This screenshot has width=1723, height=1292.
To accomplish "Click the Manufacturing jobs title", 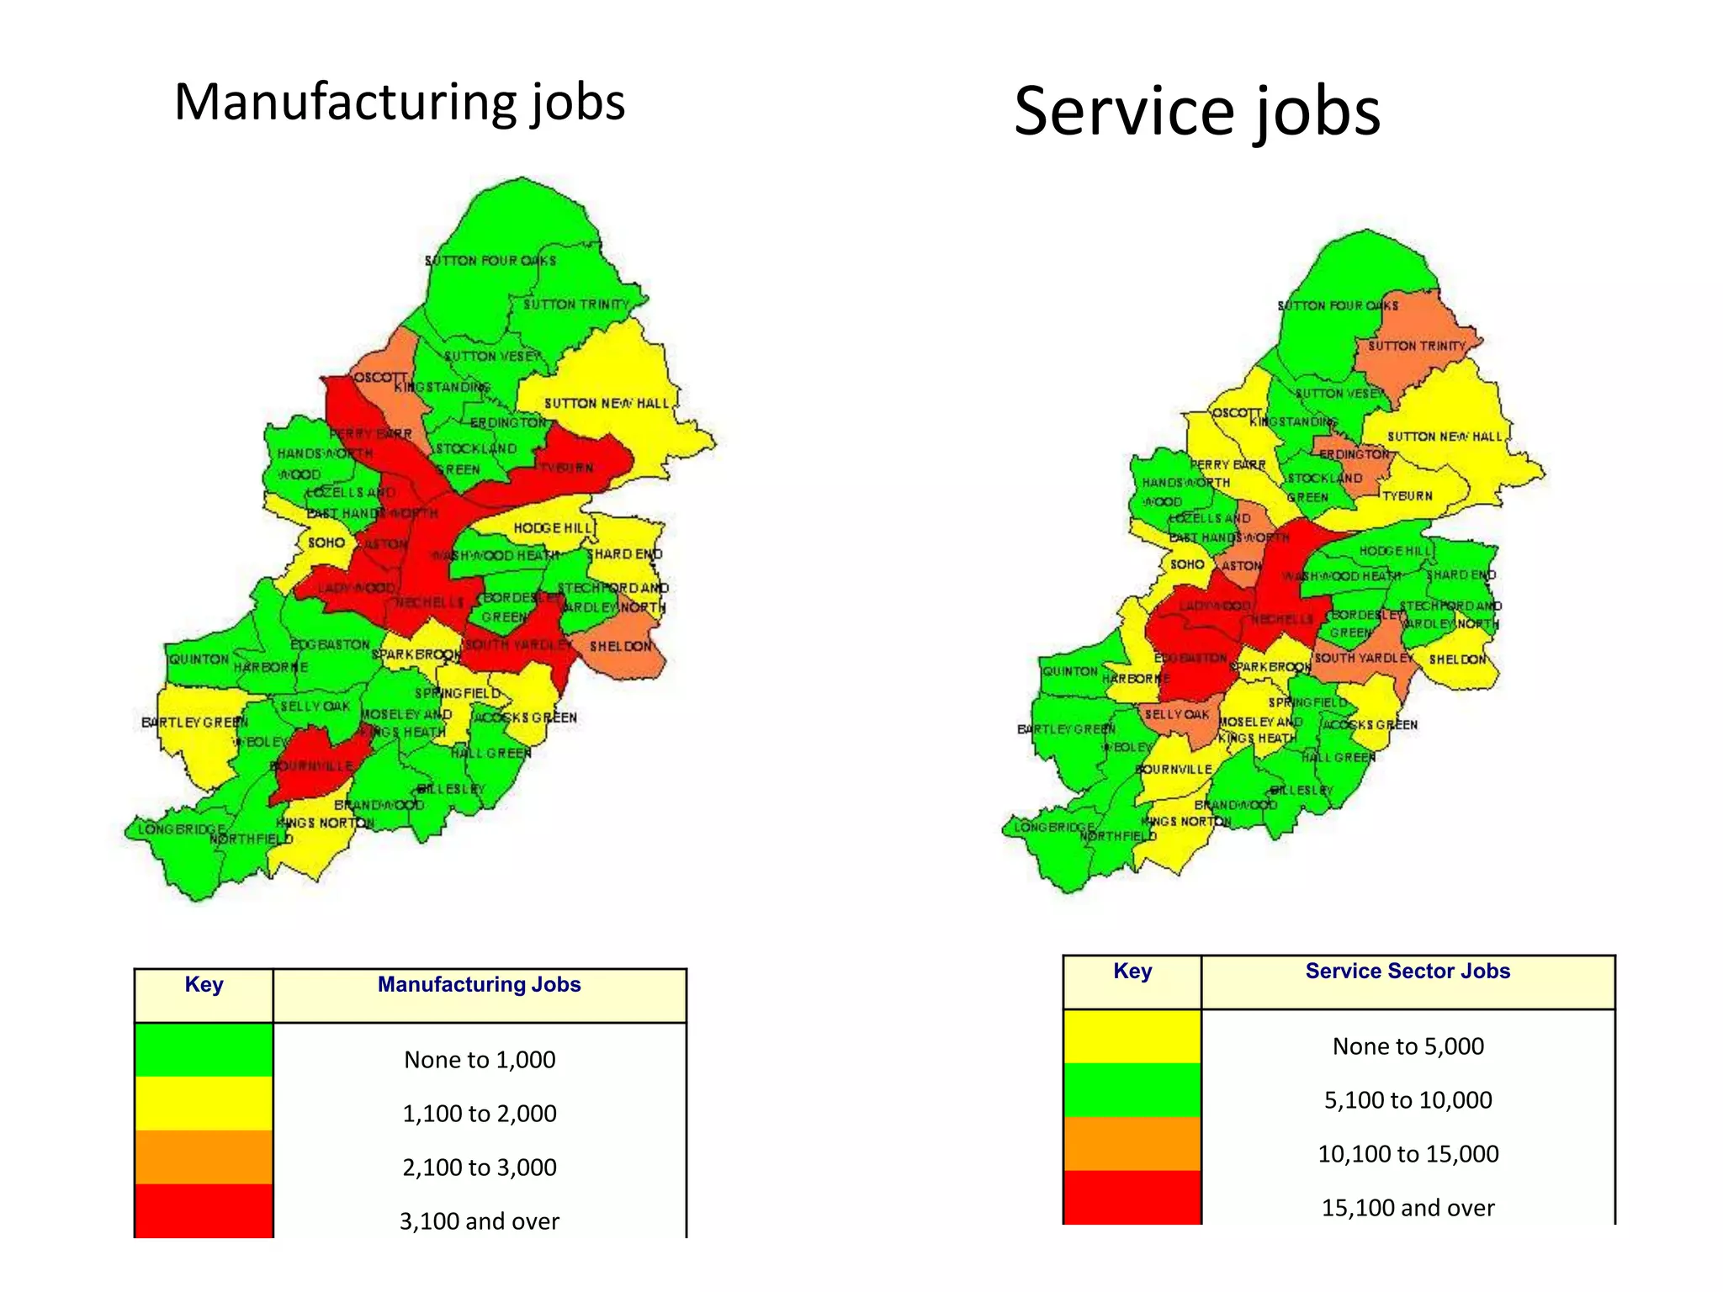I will [x=400, y=103].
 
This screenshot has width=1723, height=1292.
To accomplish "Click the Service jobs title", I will [x=1196, y=111].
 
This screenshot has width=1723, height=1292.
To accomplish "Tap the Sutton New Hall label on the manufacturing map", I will [x=607, y=404].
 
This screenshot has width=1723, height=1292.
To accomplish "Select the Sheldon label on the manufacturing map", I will [x=621, y=646].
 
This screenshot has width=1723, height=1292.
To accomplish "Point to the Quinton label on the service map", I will [x=1069, y=671].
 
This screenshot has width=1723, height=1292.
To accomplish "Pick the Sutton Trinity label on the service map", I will [x=1416, y=346].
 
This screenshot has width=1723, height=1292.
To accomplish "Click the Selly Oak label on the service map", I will [x=1176, y=714].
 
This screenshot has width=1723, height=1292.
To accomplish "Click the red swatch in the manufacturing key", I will [x=204, y=1210].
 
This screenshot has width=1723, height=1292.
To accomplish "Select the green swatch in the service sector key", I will [x=1132, y=1090].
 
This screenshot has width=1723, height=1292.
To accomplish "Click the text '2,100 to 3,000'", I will [x=480, y=1168].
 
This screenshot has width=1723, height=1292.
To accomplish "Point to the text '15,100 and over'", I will [x=1408, y=1208].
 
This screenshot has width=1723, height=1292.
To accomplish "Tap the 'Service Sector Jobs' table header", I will [x=1408, y=971].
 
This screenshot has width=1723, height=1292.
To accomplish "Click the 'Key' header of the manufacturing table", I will [x=204, y=984].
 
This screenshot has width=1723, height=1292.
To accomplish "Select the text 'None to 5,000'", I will [x=1408, y=1046].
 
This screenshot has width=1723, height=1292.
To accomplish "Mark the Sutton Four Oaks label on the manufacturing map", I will [x=490, y=261].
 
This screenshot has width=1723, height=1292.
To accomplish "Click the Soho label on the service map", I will [x=1187, y=564].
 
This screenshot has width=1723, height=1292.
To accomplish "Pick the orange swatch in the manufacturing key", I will [x=204, y=1157].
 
